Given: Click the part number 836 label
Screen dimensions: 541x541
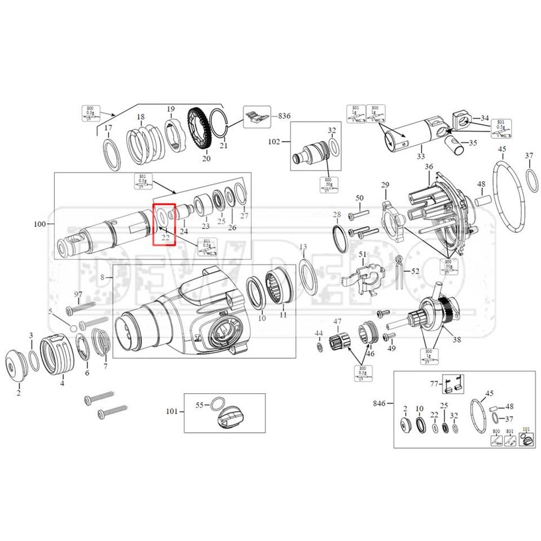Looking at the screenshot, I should [285, 116].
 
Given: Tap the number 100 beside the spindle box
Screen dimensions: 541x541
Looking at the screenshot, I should [40, 224].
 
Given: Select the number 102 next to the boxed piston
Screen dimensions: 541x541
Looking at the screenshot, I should [274, 143].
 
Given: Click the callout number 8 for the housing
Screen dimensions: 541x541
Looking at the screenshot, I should [103, 277].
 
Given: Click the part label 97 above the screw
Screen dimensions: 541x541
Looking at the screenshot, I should [78, 295].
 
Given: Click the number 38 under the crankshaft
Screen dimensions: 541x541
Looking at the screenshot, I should [456, 340].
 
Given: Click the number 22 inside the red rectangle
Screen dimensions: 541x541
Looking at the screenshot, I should [166, 237].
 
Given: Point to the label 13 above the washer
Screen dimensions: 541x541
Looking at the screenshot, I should [303, 247].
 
